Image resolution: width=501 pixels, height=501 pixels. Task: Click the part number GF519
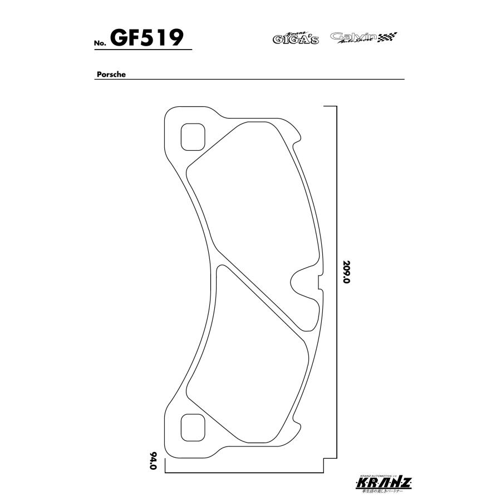pos(147,38)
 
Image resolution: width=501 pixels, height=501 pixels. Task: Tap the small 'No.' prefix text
pos(99,43)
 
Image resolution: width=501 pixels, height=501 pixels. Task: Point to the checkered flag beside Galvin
pos(387,38)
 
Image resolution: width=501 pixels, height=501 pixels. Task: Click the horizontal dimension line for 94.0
pos(245,473)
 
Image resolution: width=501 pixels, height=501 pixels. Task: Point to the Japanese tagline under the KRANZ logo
pos(384,492)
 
